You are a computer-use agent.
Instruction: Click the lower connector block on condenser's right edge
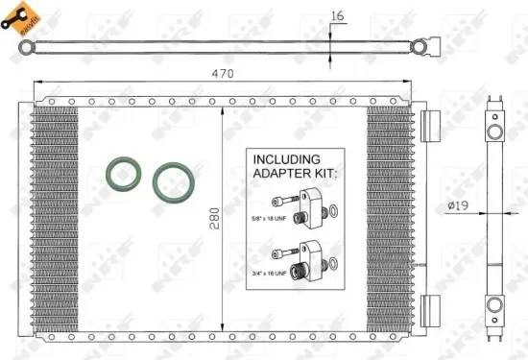429,310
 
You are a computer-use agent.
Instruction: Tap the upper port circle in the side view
493,131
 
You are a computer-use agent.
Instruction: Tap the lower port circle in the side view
493,305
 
